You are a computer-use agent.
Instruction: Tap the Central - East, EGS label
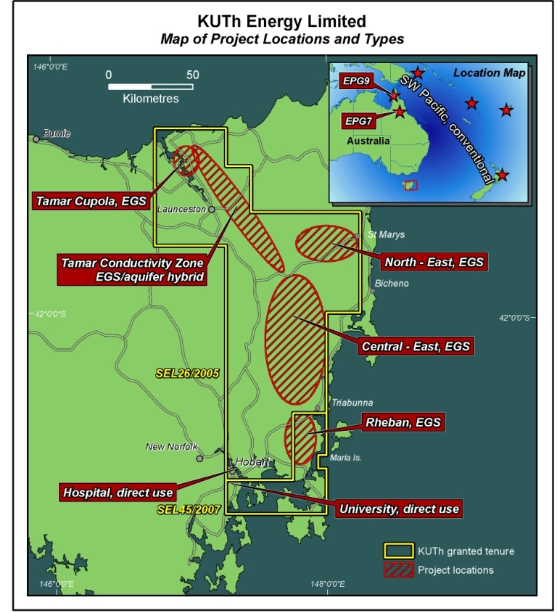tap(416, 346)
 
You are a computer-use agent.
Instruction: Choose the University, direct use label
tap(399, 509)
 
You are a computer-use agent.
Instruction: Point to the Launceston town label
tap(181, 209)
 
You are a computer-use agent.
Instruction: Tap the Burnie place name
tap(57, 133)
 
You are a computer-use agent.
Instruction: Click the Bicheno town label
tap(392, 284)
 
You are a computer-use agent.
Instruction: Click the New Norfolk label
tap(171, 447)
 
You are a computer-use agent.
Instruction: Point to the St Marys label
tap(386, 235)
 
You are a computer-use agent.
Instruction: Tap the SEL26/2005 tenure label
tap(187, 374)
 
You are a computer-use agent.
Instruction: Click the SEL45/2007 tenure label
tap(187, 510)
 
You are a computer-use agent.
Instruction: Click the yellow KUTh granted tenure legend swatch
tap(397, 551)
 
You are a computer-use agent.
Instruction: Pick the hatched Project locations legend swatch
tap(397, 570)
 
